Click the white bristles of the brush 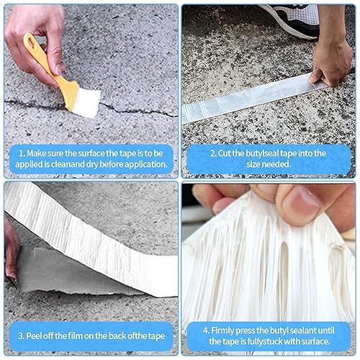pos(86,103)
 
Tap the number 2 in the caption pos(212,153)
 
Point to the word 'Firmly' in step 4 pos(222,330)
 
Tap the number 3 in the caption pos(20,336)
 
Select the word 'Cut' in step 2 pos(224,153)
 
